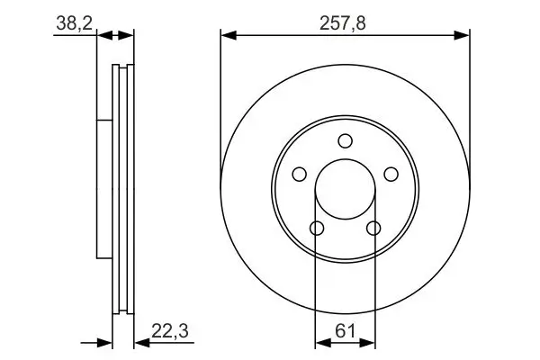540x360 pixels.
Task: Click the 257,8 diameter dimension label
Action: pyautogui.click(x=342, y=23)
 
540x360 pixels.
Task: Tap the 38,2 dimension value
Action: pyautogui.click(x=75, y=23)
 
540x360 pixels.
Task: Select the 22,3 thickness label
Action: pyautogui.click(x=170, y=331)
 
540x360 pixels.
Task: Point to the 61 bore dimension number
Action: pyautogui.click(x=345, y=331)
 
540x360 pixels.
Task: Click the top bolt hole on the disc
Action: pyautogui.click(x=345, y=141)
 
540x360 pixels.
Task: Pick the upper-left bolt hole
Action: pyautogui.click(x=300, y=174)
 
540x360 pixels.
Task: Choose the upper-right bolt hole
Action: pyautogui.click(x=391, y=174)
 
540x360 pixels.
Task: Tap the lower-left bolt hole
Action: pyautogui.click(x=317, y=228)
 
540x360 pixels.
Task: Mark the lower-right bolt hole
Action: pyautogui.click(x=373, y=228)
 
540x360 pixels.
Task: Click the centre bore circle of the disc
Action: pyautogui.click(x=345, y=159)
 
